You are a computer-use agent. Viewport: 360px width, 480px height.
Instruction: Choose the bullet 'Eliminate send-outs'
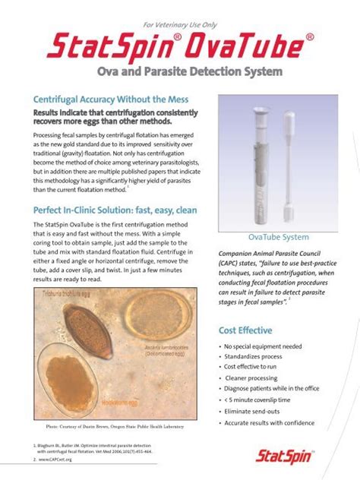click(x=254, y=411)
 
